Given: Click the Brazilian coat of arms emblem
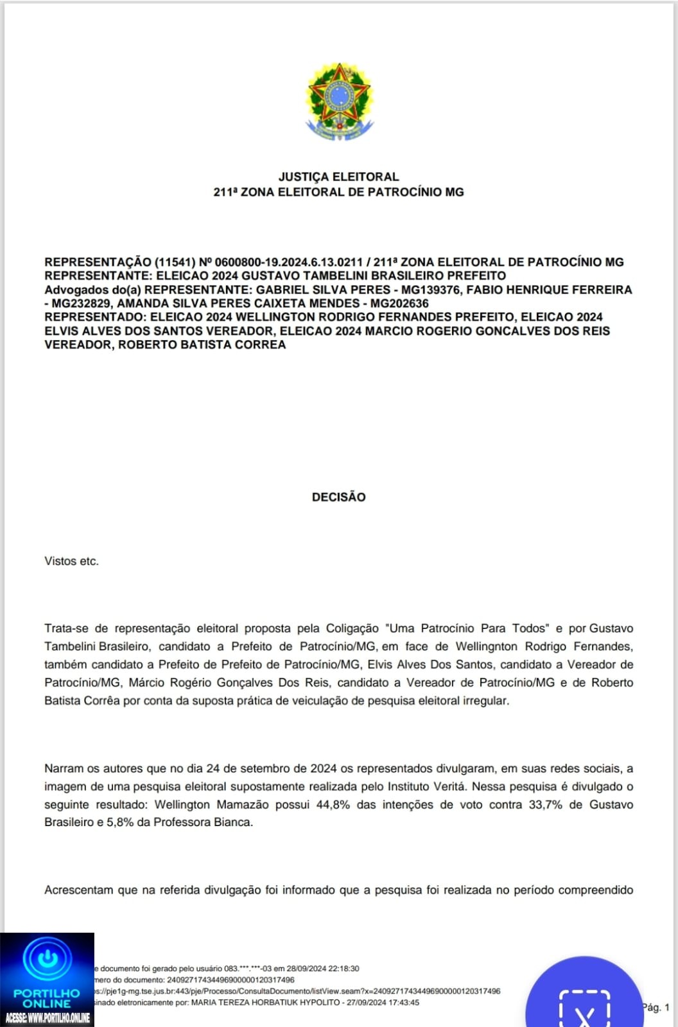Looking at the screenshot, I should tap(339, 101).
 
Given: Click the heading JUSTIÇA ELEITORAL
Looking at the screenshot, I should tap(338, 177).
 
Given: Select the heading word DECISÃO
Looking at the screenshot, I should tap(338, 497).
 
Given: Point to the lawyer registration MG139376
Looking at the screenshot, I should tap(430, 289).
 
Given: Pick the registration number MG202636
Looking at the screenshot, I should tap(399, 303).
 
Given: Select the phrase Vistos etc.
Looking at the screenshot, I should tap(71, 561).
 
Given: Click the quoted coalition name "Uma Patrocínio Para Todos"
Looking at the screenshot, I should tap(467, 628).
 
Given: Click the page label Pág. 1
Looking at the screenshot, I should tap(656, 1007).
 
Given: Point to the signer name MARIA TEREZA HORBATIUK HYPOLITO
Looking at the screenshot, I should tap(265, 1003).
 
